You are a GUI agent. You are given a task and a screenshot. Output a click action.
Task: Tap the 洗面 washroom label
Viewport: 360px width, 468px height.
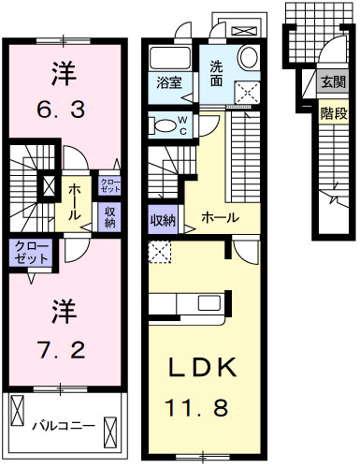[x=217, y=70]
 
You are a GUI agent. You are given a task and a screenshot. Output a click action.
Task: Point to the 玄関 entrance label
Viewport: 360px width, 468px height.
[x=333, y=82]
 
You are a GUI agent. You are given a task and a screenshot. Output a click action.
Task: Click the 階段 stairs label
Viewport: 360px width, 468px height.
[x=333, y=113]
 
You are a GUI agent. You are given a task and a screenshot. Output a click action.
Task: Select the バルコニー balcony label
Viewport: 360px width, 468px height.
[x=64, y=424]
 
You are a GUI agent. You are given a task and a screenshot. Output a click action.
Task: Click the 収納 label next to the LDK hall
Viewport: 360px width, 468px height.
[x=163, y=221]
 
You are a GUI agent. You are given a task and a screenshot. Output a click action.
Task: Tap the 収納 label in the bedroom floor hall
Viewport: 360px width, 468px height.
[x=109, y=216]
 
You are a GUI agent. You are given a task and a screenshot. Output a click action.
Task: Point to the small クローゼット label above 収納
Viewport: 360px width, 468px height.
[x=108, y=185]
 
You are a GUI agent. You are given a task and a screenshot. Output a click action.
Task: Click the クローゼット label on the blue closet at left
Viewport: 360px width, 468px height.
[x=32, y=253]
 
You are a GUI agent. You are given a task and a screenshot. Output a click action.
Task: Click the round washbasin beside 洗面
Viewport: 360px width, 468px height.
[x=248, y=57]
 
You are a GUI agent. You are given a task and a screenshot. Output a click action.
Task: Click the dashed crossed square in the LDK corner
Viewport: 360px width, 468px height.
[x=160, y=251]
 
